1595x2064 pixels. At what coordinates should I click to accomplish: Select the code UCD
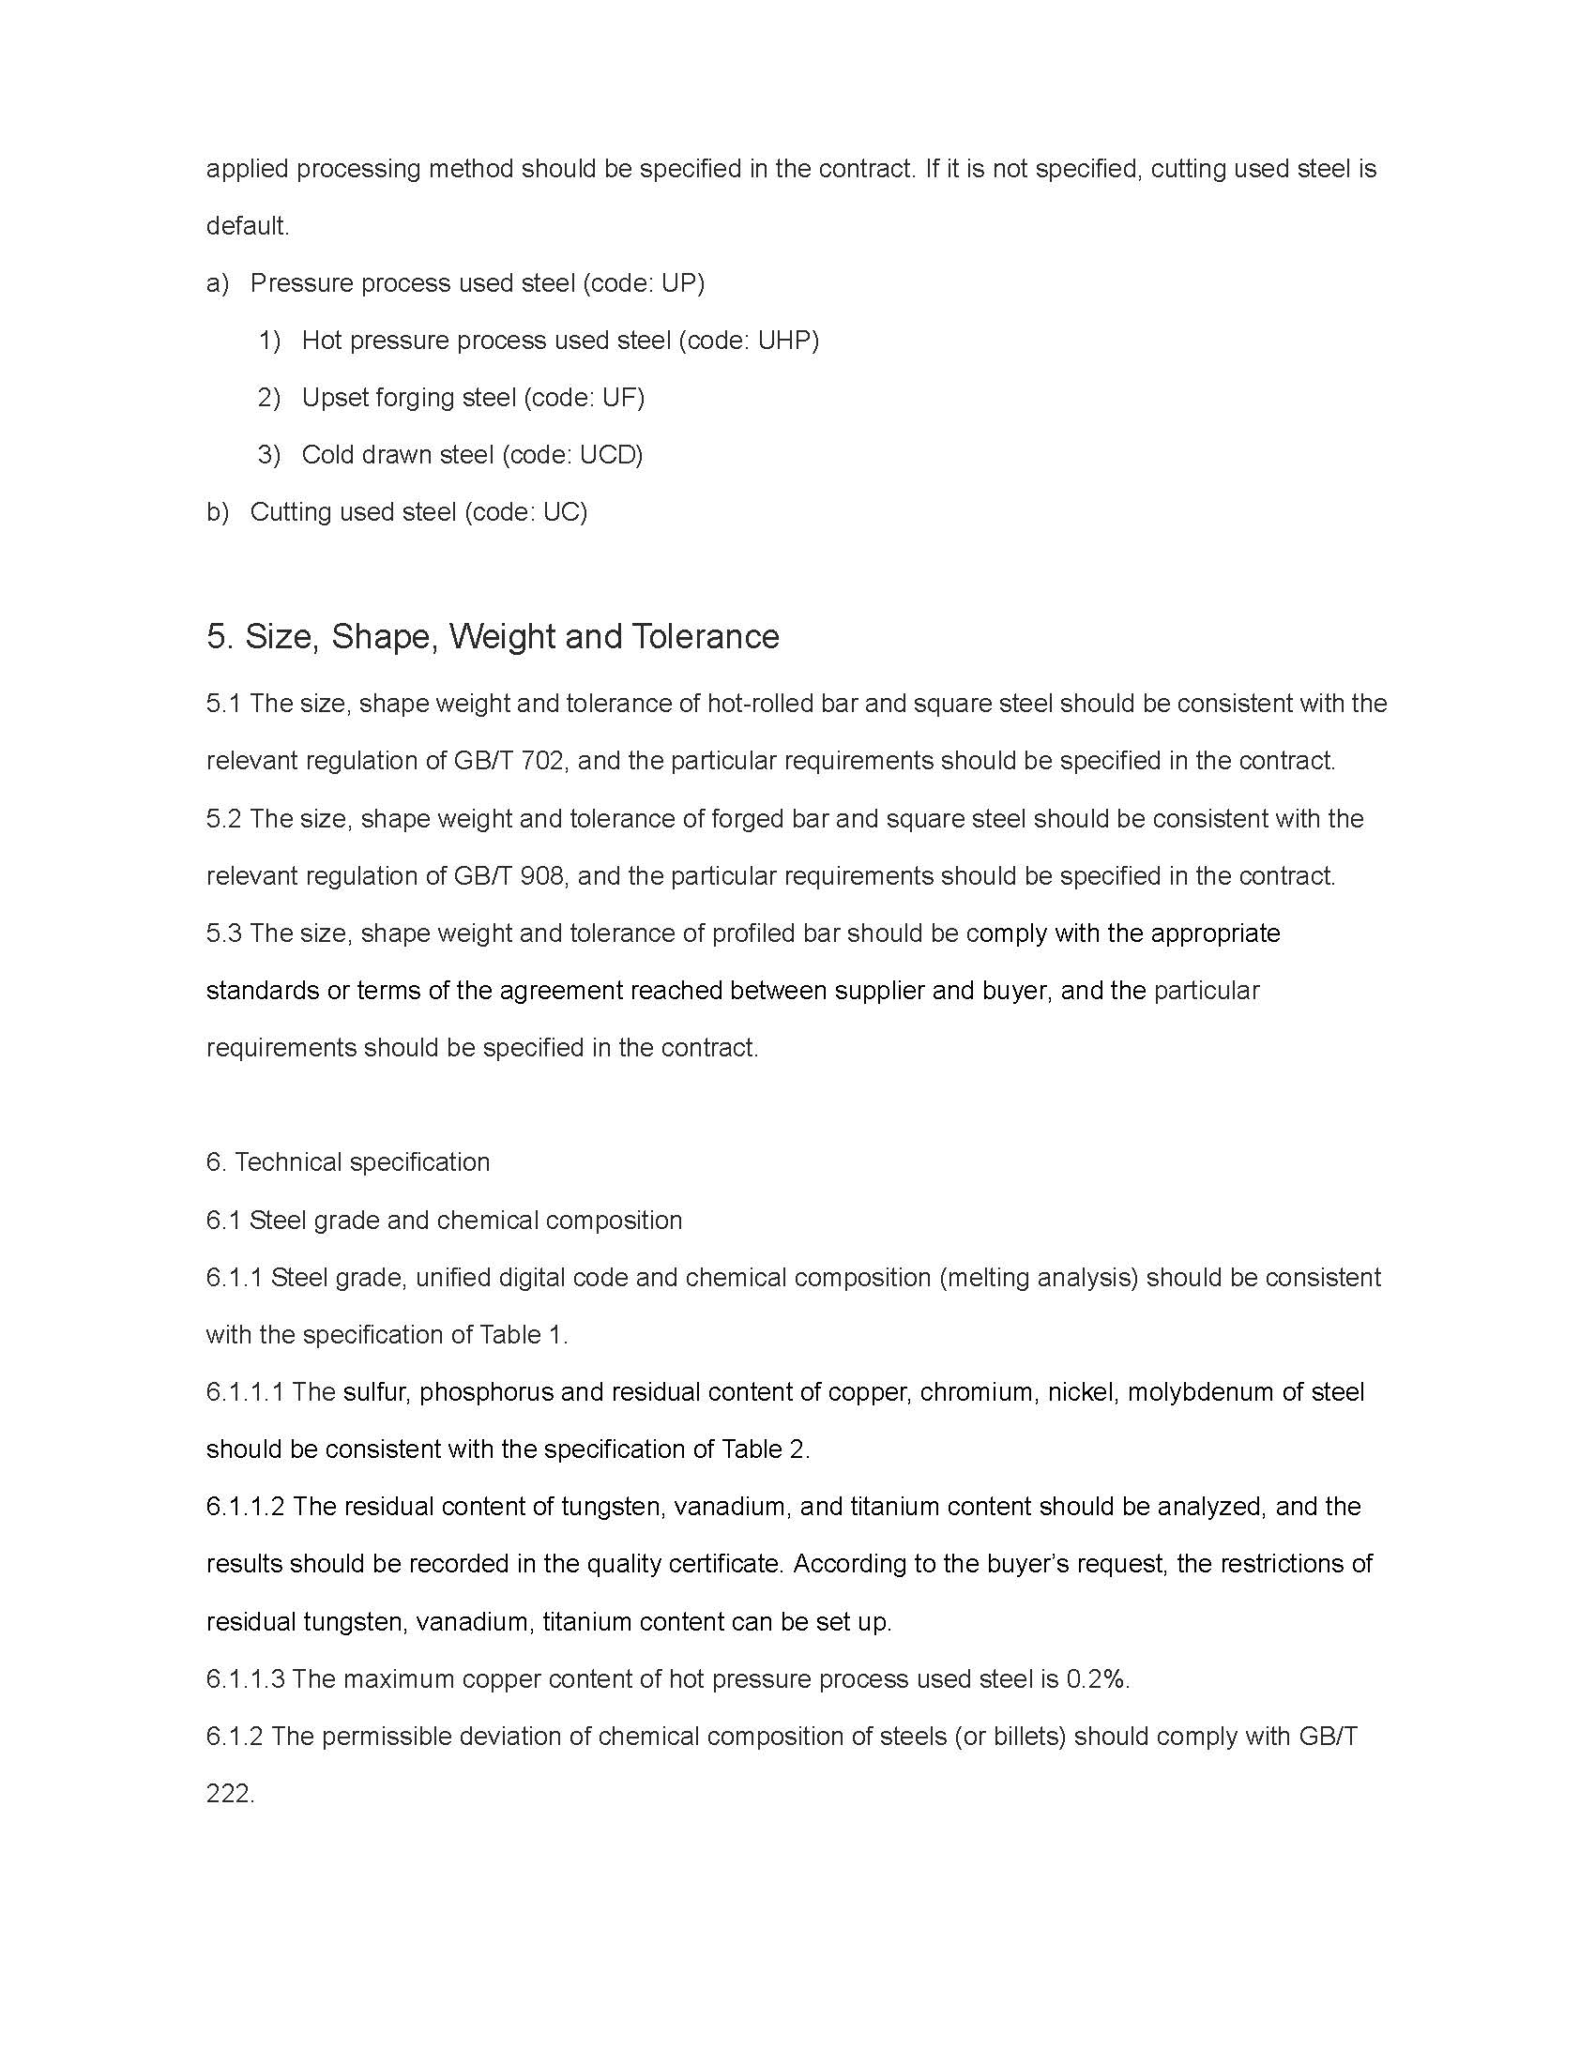(x=610, y=455)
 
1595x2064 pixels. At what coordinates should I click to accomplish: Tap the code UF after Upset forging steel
(x=621, y=398)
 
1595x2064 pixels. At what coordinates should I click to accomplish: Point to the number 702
(x=542, y=761)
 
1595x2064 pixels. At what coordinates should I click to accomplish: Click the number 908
(x=542, y=876)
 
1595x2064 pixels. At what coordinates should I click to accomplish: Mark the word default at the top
(x=246, y=226)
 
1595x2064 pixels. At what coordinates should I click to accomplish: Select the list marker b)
(x=218, y=512)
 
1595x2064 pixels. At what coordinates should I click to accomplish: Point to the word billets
(x=1028, y=1737)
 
